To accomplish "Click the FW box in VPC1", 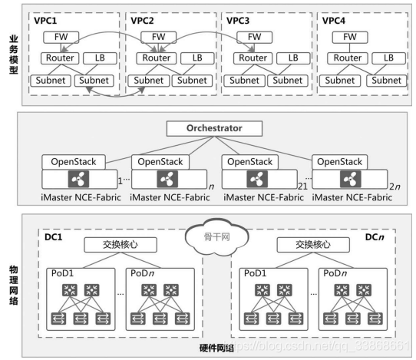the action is [x=61, y=37].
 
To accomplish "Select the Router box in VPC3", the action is [x=253, y=58].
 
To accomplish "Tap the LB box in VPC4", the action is [x=388, y=58].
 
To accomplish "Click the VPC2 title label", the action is [x=142, y=21].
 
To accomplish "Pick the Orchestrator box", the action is [x=214, y=129].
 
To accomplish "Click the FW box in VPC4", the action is [x=350, y=37].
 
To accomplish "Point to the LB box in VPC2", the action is [x=197, y=58].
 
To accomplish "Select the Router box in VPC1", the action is [x=60, y=58].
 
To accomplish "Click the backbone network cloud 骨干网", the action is [x=216, y=236].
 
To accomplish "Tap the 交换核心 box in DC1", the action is [x=121, y=245].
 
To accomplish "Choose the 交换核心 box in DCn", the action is [x=313, y=245].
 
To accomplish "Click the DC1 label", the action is [x=53, y=237].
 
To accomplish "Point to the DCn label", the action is [x=375, y=237].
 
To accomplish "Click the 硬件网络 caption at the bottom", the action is [x=216, y=348].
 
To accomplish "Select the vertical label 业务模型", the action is [x=14, y=54].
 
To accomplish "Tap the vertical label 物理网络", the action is [x=14, y=286].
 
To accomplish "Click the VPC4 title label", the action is [x=334, y=21].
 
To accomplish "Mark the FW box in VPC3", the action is [x=254, y=37].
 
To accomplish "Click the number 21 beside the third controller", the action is [x=302, y=187].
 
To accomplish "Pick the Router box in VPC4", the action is [x=348, y=58].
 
